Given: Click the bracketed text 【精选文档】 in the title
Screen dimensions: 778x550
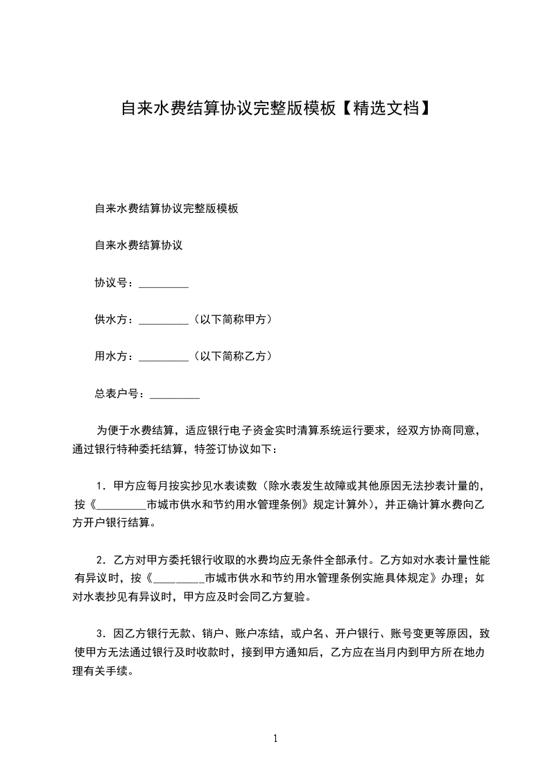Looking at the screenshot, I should coord(386,108).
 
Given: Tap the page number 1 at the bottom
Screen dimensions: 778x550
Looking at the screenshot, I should coord(275,738).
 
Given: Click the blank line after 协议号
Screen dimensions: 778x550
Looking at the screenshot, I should coord(164,284).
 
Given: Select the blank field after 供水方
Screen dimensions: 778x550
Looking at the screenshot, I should coord(164,320).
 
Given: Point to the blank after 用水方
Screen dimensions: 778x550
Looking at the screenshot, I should coord(164,356).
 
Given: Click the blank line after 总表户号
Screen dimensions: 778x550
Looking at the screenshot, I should coord(175,394).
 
